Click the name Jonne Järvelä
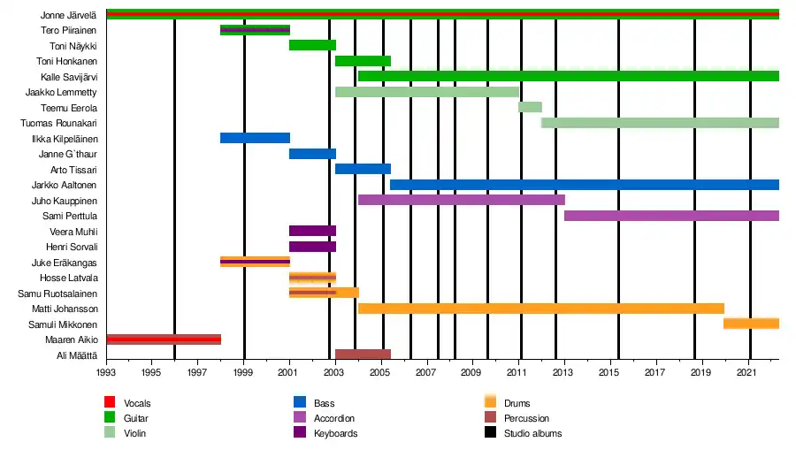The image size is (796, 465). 68,15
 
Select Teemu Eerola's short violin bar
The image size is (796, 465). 530,107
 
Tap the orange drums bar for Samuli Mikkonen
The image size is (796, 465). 751,324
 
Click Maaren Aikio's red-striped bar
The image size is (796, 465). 164,339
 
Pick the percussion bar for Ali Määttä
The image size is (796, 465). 363,354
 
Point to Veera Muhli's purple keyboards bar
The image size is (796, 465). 312,231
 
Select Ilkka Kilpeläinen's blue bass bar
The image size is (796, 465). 255,138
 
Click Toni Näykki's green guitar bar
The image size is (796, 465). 312,45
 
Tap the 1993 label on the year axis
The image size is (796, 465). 106,374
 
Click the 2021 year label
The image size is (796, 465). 749,374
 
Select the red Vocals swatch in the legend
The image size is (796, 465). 110,403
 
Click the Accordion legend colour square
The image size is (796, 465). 299,418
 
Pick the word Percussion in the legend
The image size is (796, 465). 526,418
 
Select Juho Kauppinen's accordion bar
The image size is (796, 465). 461,200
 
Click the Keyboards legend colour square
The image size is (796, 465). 299,433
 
